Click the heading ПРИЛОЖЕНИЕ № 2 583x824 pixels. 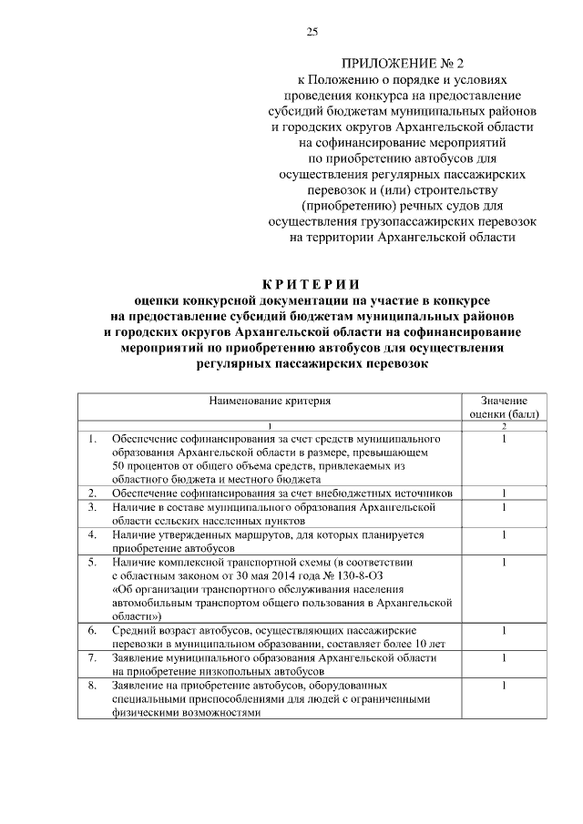pos(402,64)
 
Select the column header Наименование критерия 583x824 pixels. pos(270,400)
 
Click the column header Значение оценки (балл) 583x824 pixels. pos(504,406)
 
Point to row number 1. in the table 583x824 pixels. pos(93,439)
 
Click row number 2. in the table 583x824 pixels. pos(93,493)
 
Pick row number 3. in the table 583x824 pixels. pos(93,505)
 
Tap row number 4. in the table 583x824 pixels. pos(93,534)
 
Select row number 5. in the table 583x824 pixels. pos(93,563)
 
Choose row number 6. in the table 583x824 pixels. pos(93,630)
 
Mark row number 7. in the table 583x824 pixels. pos(93,657)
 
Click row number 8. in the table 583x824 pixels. pos(93,686)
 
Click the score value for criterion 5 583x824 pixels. pos(504,563)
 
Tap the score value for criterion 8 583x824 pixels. pos(504,686)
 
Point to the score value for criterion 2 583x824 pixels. pos(504,493)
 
